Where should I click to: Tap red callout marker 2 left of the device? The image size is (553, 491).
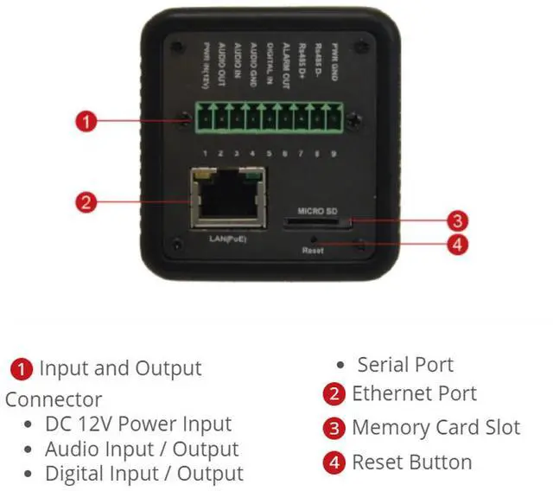[85, 203]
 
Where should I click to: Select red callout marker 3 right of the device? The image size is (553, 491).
[458, 220]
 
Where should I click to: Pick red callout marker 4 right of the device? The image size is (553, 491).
[458, 244]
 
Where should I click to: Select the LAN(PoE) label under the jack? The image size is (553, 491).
[227, 238]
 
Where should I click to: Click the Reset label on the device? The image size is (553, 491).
[313, 249]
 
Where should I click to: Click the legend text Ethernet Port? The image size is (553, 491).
[414, 394]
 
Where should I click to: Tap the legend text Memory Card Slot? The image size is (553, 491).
[435, 428]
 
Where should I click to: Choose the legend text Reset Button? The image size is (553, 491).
[411, 462]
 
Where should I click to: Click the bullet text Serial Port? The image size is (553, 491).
[405, 365]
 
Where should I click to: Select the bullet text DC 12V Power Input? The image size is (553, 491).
[138, 424]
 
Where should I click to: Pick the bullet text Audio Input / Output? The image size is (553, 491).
[142, 450]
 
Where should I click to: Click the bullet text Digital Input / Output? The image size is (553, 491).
[143, 474]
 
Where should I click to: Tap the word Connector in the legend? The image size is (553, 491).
[54, 399]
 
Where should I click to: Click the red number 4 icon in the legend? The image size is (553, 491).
[334, 462]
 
